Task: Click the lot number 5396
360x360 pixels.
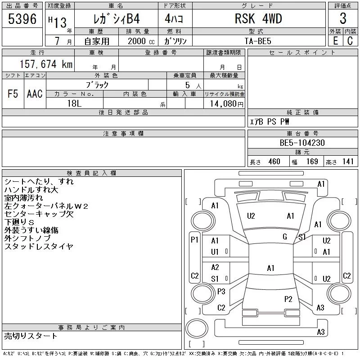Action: point(22,19)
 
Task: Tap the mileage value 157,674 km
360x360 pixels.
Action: point(46,64)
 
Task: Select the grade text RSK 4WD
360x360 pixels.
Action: point(258,18)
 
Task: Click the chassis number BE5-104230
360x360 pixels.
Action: point(302,143)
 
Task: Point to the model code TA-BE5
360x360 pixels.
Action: point(258,41)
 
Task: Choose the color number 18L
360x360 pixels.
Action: point(74,103)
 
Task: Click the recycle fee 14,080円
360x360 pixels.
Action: point(227,104)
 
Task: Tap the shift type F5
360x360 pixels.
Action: point(13,94)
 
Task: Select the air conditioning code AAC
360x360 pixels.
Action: point(35,94)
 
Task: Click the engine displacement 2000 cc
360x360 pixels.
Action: point(141,41)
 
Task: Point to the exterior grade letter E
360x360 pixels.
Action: point(335,41)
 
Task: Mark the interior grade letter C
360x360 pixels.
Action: point(350,41)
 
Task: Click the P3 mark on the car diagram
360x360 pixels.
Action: point(221,292)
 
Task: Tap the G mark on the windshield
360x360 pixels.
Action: point(285,237)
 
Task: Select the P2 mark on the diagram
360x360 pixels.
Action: point(288,299)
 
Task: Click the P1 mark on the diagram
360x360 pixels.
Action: point(194,240)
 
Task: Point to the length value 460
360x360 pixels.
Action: point(274,162)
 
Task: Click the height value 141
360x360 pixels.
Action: point(347,162)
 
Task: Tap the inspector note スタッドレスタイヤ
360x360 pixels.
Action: point(39,246)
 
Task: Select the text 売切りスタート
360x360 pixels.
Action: point(31,336)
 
